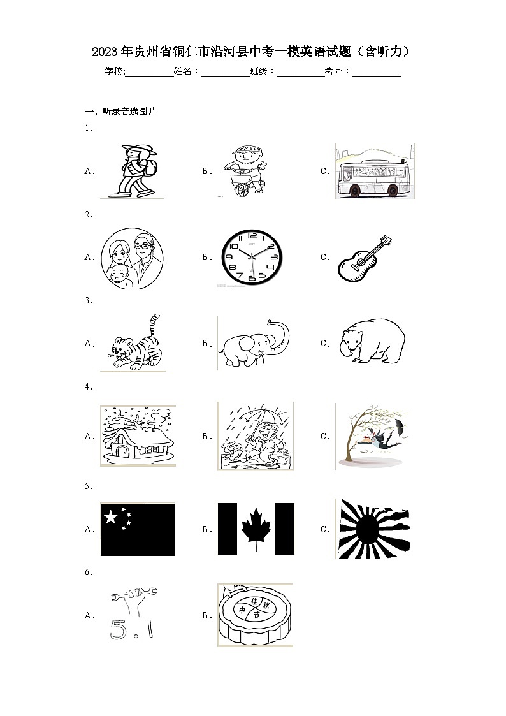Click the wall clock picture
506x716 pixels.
coord(250,257)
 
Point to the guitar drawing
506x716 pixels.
coord(365,258)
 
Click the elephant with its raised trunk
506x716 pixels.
coord(252,344)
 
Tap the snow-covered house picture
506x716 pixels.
coord(138,437)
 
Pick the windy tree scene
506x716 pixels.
coord(372,437)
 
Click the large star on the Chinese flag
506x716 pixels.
coord(111,516)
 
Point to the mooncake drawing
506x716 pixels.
coord(255,615)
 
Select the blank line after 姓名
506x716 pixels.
coord(225,72)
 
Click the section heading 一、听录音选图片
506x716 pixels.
coord(120,112)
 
